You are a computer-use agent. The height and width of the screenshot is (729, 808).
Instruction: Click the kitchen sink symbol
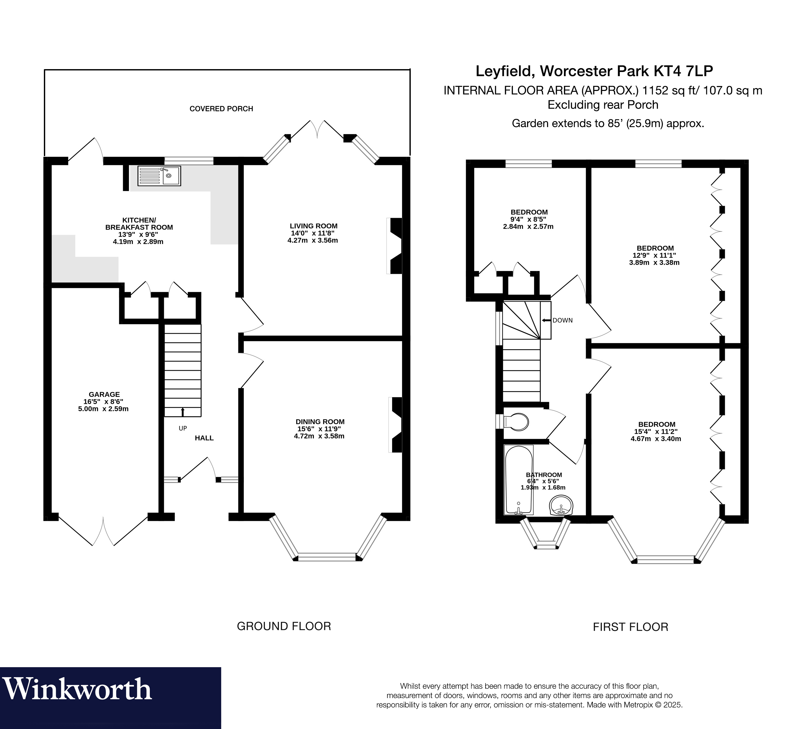159,176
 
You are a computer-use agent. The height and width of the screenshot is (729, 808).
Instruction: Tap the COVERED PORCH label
221,109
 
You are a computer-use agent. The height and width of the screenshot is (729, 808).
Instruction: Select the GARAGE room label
104,394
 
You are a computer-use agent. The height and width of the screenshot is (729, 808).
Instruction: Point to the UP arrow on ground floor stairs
183,411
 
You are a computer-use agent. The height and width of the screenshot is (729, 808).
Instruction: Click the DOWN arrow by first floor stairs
546,320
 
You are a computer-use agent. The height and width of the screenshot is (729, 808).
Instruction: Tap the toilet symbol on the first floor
516,421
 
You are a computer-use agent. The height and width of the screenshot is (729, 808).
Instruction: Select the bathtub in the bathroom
519,480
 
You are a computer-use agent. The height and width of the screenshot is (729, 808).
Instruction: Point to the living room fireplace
395,246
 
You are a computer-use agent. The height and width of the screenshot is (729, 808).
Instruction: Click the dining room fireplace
396,425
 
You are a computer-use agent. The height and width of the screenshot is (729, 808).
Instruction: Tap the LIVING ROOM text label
313,226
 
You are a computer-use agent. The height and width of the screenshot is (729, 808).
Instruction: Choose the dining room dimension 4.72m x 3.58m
319,436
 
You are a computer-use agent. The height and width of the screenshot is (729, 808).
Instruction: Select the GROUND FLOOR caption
284,626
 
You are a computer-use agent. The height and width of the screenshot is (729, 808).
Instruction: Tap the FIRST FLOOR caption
630,627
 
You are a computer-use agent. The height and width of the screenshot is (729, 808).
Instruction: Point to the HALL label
204,438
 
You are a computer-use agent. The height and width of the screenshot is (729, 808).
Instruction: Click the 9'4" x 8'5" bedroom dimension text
528,219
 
